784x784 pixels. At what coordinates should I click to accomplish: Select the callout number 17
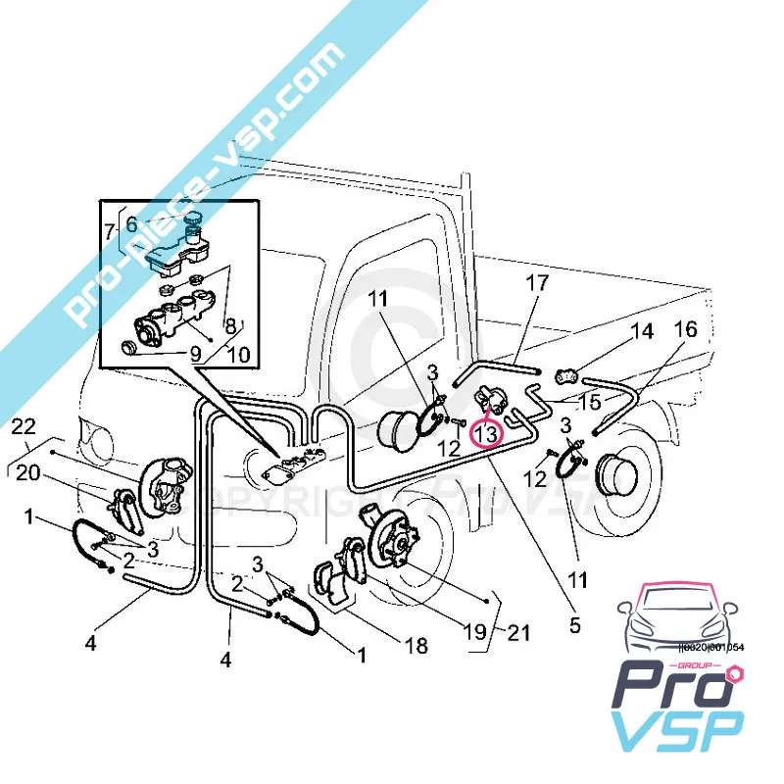pyautogui.click(x=536, y=285)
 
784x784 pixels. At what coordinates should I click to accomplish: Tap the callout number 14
pyautogui.click(x=642, y=331)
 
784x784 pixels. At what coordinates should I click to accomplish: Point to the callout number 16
pyautogui.click(x=686, y=329)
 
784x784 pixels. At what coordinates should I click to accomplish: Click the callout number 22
pyautogui.click(x=24, y=426)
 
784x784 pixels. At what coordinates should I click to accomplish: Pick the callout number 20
pyautogui.click(x=28, y=473)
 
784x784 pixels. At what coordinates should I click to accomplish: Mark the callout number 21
pyautogui.click(x=518, y=634)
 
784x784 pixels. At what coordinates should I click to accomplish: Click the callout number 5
pyautogui.click(x=575, y=623)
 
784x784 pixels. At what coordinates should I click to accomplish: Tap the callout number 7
pyautogui.click(x=110, y=232)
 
